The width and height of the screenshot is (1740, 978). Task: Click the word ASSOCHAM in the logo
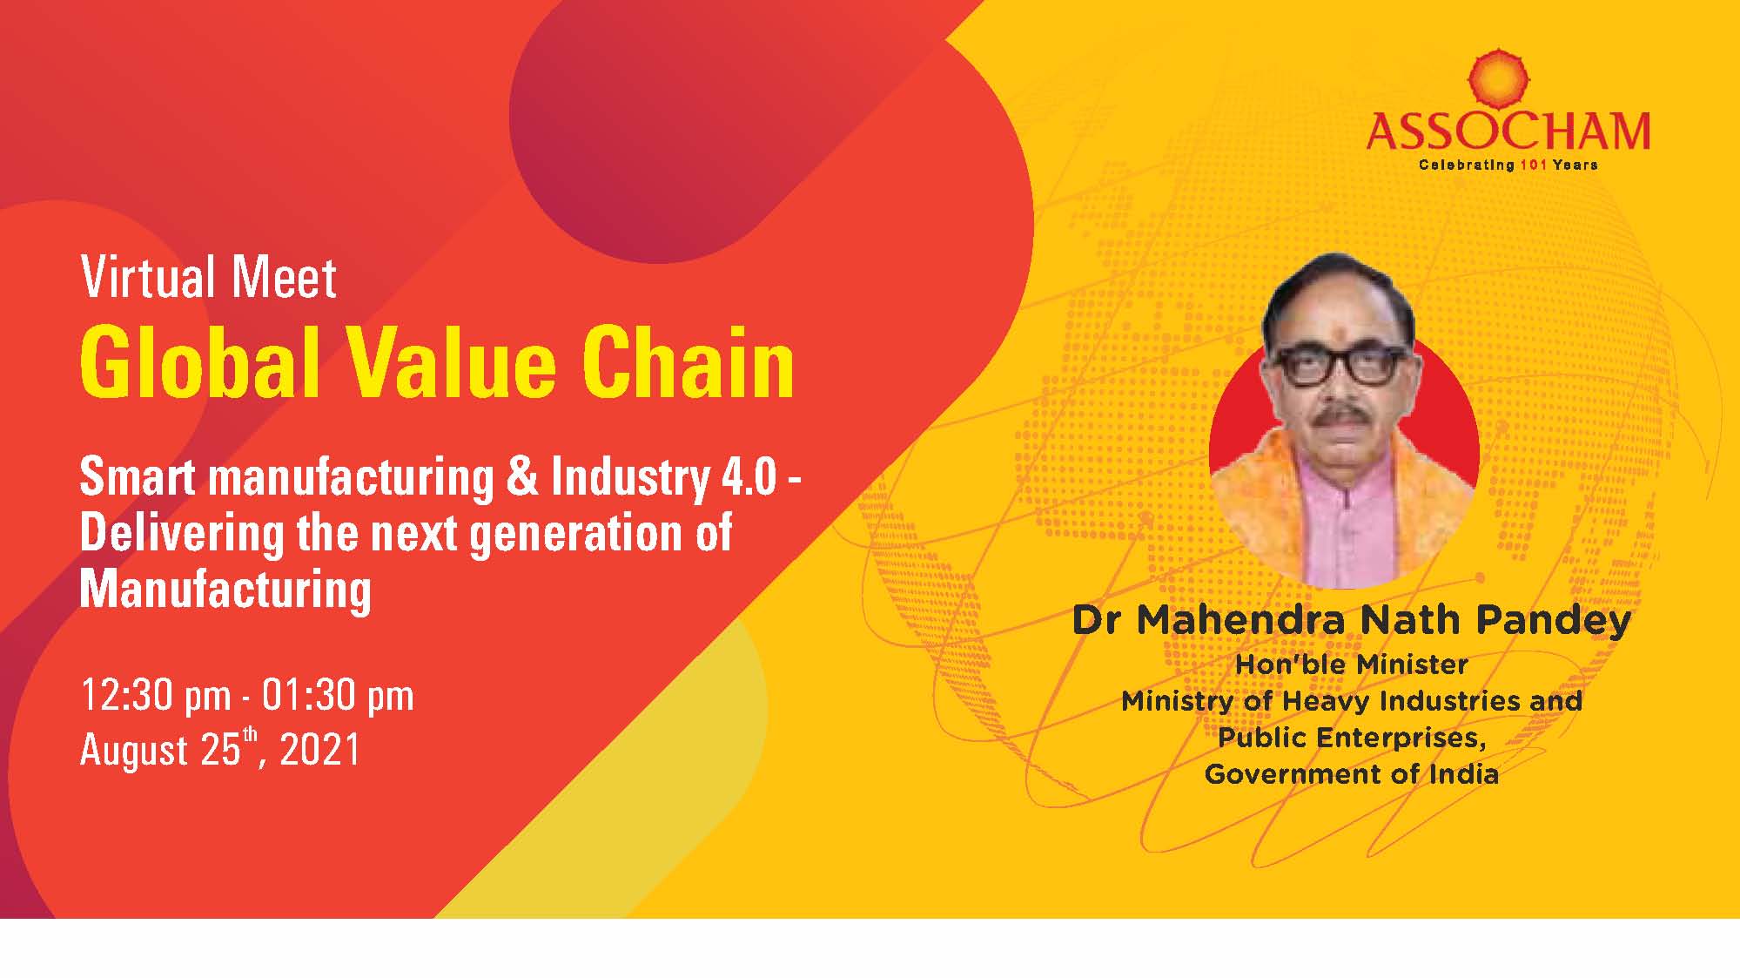coord(1508,132)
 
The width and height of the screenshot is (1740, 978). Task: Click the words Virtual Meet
coord(209,278)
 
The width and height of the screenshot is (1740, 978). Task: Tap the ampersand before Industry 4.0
coord(521,477)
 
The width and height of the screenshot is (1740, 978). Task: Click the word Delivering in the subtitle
coord(181,533)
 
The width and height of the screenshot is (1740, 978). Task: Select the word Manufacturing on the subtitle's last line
coord(225,590)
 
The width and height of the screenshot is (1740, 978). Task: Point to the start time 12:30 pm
coord(156,696)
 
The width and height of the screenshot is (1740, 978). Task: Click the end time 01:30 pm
coord(338,696)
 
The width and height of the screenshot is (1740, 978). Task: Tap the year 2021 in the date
coord(320,750)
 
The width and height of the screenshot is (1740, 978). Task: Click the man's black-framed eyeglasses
coord(1341,367)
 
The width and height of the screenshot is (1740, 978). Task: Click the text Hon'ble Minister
coord(1352,664)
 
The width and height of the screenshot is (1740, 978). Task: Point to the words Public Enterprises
coord(1351,738)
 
